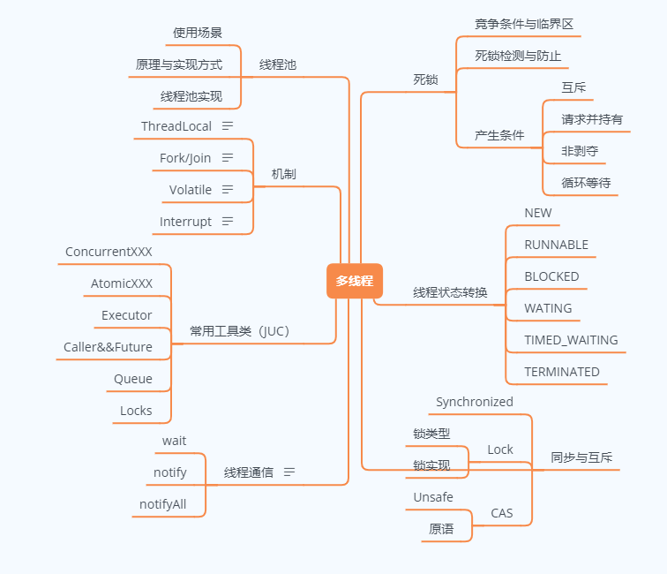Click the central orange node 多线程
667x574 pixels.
click(x=354, y=281)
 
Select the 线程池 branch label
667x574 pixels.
click(x=278, y=65)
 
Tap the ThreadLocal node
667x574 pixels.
click(x=176, y=126)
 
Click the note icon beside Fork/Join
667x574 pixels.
click(x=228, y=158)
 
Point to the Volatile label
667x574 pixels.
click(x=191, y=190)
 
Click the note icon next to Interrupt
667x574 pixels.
click(x=228, y=222)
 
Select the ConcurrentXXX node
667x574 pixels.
click(x=109, y=252)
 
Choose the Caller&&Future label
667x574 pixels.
click(x=108, y=347)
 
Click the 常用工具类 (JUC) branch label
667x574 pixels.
click(x=239, y=331)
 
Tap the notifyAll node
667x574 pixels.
click(x=163, y=504)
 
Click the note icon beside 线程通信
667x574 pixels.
click(x=289, y=472)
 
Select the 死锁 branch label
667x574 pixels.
click(x=425, y=79)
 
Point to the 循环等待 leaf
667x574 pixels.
click(x=586, y=183)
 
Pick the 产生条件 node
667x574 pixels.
click(x=499, y=135)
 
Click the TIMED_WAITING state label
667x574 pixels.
click(x=571, y=340)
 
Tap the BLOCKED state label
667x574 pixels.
click(x=551, y=276)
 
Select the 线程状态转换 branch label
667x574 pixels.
click(x=450, y=292)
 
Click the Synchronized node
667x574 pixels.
click(x=475, y=402)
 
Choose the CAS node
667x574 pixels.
click(x=501, y=513)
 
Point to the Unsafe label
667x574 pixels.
click(x=433, y=497)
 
